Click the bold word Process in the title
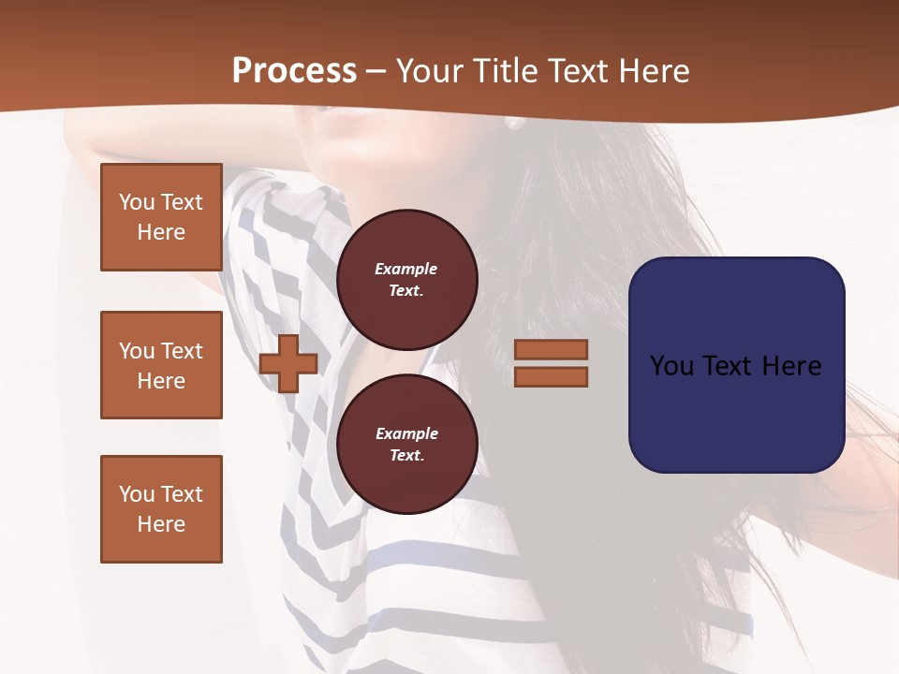[x=294, y=71]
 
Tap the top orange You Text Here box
[x=161, y=217]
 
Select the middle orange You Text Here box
[x=161, y=365]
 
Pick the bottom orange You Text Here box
[x=161, y=509]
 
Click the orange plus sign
[x=288, y=364]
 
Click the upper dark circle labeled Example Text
[x=407, y=280]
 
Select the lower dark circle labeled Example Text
[x=407, y=444]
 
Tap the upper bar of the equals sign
[x=551, y=349]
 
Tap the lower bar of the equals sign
[x=551, y=377]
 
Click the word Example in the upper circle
[x=405, y=269]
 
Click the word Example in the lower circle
[x=406, y=433]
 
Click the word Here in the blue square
[x=791, y=366]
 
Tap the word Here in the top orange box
[x=161, y=232]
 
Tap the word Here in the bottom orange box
[x=161, y=524]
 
